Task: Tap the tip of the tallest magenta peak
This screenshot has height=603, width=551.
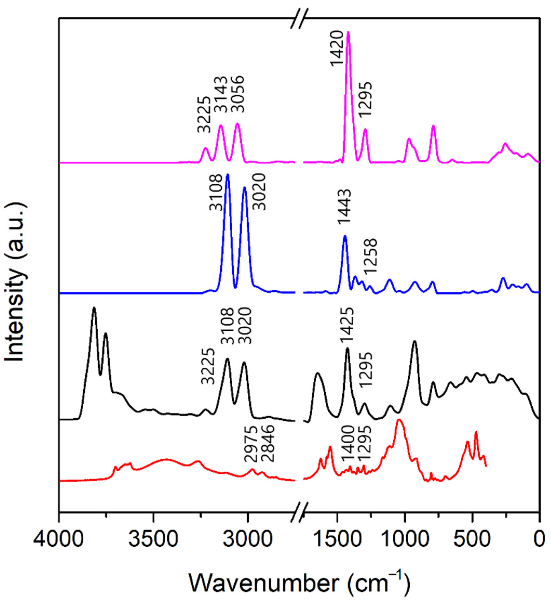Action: pyautogui.click(x=348, y=32)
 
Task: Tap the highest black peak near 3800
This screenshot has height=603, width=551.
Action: pyautogui.click(x=94, y=307)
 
